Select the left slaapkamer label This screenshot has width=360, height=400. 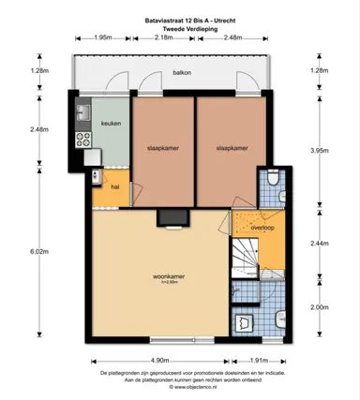click(162, 148)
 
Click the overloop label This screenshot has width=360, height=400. click(262, 227)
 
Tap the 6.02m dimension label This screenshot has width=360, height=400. click(38, 251)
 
